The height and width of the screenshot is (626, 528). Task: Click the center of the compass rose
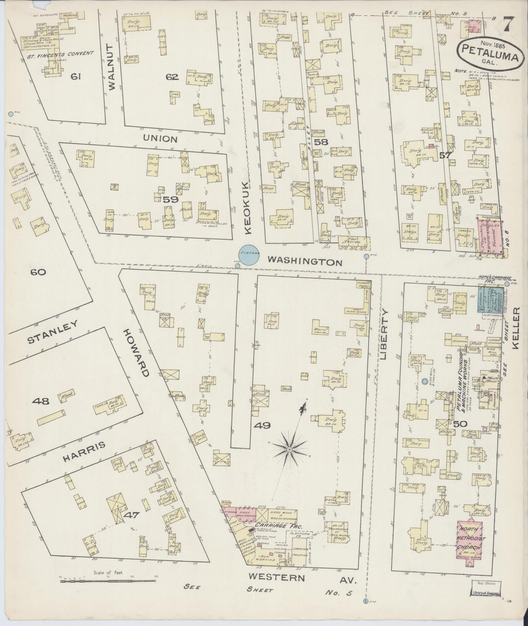tap(289, 450)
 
